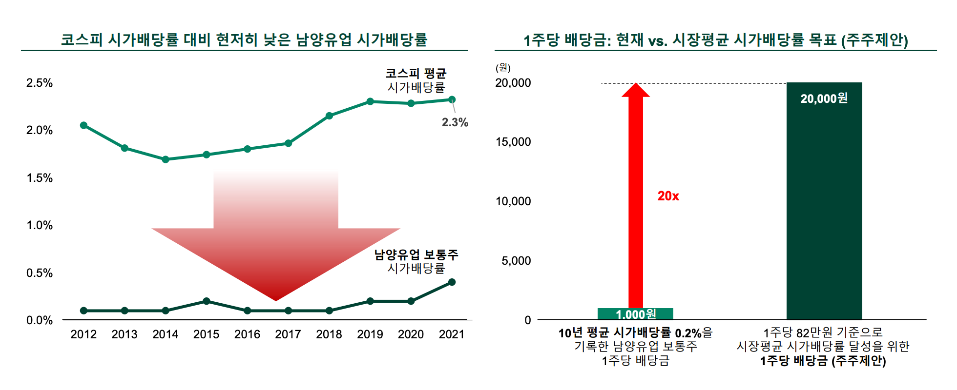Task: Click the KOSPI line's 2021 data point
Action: coord(452,99)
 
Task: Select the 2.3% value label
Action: coord(455,122)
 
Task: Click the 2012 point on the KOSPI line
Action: coord(83,125)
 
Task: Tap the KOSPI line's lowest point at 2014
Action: coord(166,159)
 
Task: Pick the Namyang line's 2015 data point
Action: coord(206,301)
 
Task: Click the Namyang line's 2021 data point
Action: coord(452,282)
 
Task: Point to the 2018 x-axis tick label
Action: coord(329,334)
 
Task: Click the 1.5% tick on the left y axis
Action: coord(40,178)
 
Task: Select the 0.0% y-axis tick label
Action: coord(40,320)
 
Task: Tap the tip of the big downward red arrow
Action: coord(276,299)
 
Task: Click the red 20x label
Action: coord(668,196)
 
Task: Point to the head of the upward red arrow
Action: coord(636,91)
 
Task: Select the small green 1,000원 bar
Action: coord(635,314)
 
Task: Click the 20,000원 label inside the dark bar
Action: coord(824,99)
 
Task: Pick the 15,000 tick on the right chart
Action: coord(513,142)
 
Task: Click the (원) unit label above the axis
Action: coord(503,68)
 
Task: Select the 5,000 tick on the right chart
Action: coord(516,261)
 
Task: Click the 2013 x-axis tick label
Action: coord(125,334)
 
